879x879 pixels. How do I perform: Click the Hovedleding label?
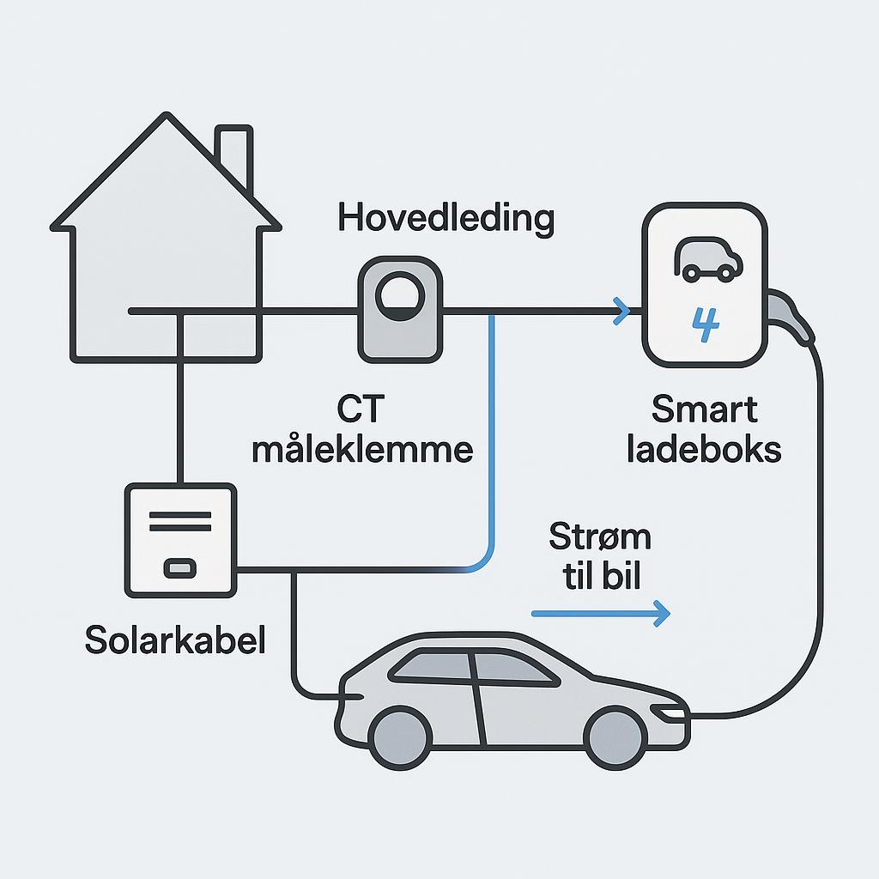coord(446,219)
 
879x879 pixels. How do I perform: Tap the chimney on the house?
coord(234,157)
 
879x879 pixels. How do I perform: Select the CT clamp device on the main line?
coord(400,309)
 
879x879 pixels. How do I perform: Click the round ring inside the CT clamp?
coord(400,296)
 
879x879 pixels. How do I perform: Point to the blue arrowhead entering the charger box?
coord(621,311)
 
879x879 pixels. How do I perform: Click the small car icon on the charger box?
coord(708,259)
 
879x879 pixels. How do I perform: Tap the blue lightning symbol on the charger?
coord(706,324)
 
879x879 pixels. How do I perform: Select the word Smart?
coord(705,409)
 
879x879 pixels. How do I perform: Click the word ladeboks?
coord(704,450)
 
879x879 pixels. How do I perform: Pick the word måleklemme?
coord(362,450)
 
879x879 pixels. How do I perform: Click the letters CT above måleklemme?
coord(361,409)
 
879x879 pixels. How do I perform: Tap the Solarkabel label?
coord(175,640)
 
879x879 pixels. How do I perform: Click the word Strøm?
coord(600,536)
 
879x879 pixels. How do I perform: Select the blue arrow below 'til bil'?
coord(601,614)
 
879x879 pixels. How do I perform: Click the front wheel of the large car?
coord(615,736)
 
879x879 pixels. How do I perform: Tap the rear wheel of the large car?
coord(400,736)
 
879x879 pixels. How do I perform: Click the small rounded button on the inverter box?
coord(180,568)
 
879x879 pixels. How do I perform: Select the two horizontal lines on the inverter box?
coord(180,521)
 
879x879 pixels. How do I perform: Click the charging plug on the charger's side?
coord(791,318)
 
